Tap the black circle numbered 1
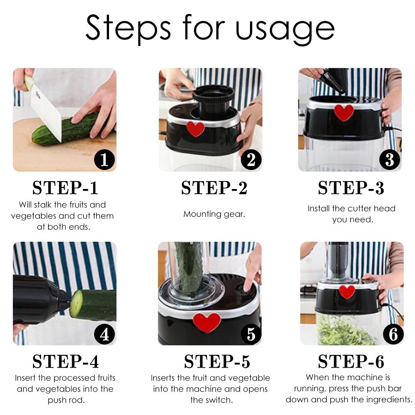104,160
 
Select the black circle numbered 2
250,160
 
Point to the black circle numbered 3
389,160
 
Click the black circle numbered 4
104,334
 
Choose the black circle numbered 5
250,334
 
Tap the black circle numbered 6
393,334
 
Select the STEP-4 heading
65,362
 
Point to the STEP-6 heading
351,362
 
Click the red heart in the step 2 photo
195,129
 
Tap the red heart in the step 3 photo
344,112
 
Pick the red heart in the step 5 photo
206,322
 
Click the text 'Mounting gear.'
214,214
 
